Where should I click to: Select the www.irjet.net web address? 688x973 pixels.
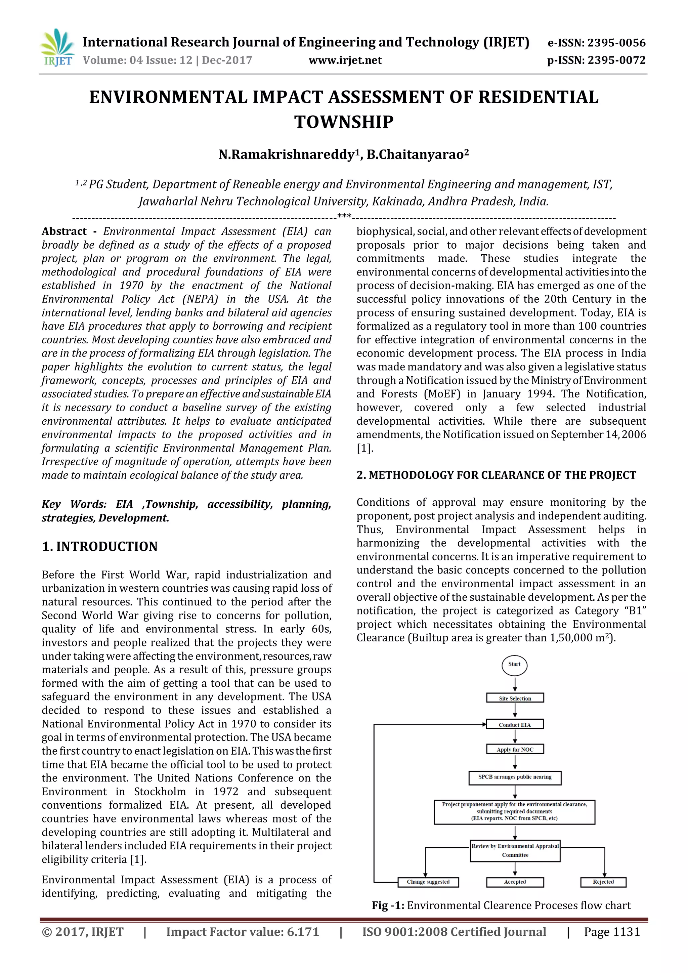[345, 60]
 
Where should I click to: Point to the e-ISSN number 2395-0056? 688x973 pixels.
[597, 43]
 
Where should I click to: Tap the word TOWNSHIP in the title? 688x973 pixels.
[344, 122]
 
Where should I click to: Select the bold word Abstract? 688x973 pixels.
[64, 231]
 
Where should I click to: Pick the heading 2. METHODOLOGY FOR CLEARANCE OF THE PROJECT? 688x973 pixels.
[496, 475]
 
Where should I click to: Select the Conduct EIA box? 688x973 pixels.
[515, 725]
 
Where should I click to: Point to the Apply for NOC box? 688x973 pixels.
[515, 749]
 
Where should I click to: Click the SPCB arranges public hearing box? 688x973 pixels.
[515, 777]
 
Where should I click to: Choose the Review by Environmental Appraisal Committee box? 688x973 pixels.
[515, 850]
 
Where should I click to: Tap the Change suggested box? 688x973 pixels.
[428, 882]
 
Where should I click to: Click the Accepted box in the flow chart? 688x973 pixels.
[515, 882]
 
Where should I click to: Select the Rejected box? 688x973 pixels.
[603, 882]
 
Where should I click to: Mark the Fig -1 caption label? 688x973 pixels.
[388, 905]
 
